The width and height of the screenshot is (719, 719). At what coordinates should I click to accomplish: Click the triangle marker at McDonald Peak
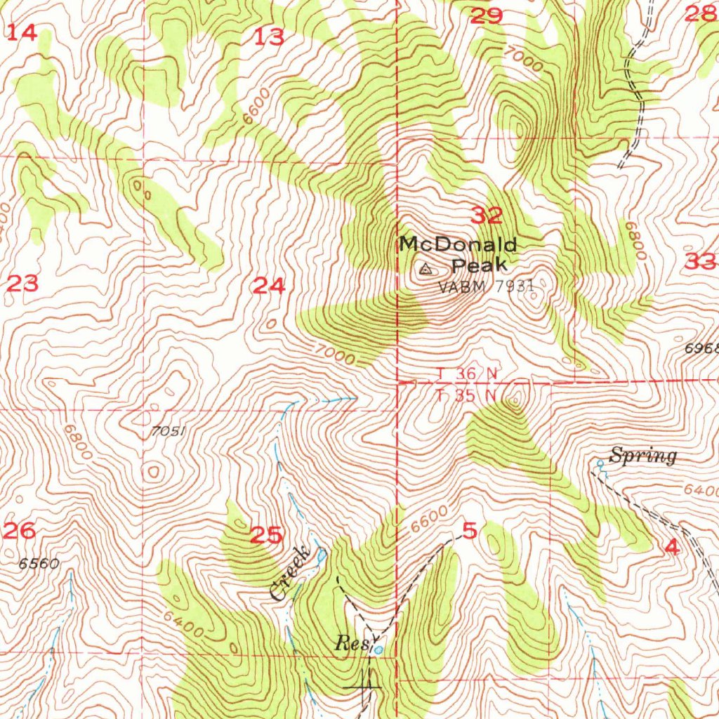point(425,268)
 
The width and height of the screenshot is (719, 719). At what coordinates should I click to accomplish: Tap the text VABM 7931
point(486,286)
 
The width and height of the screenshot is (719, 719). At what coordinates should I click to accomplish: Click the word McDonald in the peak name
point(458,245)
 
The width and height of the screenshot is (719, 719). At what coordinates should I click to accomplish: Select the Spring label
point(642,456)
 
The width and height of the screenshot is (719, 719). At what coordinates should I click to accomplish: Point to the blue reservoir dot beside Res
point(379,649)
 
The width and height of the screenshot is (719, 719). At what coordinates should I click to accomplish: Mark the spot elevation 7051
point(168,432)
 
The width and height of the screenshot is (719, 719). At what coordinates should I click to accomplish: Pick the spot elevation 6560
point(39,563)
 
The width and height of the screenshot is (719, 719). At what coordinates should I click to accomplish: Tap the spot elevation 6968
point(701,348)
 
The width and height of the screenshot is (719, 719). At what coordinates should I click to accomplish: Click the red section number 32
point(487,216)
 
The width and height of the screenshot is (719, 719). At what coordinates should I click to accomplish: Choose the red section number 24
point(270,286)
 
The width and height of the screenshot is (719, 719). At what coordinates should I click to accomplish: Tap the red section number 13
point(270,37)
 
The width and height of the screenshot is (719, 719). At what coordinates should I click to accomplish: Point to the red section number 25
point(267,536)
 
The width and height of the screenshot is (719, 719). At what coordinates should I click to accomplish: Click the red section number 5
point(470,531)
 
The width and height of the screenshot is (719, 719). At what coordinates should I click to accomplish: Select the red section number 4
point(672,548)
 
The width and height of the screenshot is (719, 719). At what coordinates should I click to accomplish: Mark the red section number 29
point(487,15)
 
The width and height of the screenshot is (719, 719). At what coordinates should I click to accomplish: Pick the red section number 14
point(22,32)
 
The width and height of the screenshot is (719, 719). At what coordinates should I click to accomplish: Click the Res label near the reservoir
point(350,642)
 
